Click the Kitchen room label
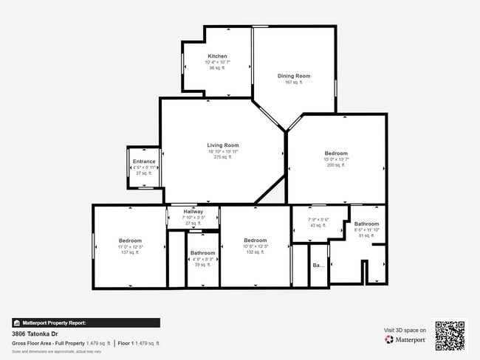(x=217, y=56)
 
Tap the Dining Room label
(x=293, y=76)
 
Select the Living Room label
(x=222, y=145)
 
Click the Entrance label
(x=144, y=162)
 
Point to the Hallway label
(x=193, y=212)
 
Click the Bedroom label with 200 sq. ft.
(x=335, y=153)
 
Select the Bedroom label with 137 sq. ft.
(x=130, y=240)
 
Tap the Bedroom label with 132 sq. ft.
(x=255, y=240)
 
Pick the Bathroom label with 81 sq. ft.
(x=366, y=224)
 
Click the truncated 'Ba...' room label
(x=318, y=265)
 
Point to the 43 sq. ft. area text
(x=317, y=225)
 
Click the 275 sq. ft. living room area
(x=222, y=157)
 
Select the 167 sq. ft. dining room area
(x=293, y=83)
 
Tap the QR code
(x=450, y=335)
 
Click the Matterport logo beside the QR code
(x=405, y=340)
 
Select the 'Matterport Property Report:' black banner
(x=86, y=322)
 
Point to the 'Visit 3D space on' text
(x=405, y=330)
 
